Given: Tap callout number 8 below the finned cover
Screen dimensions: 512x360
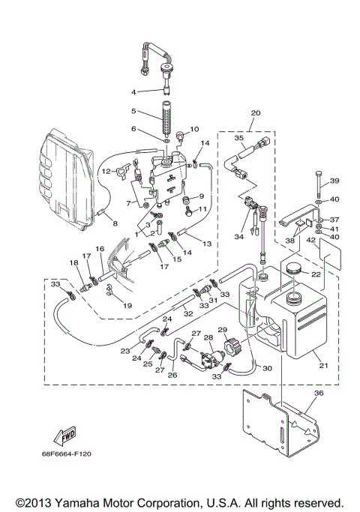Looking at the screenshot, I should [x=115, y=223].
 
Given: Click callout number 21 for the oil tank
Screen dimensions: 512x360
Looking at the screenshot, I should [x=324, y=365].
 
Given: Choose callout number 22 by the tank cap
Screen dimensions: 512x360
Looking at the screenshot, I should [x=316, y=274].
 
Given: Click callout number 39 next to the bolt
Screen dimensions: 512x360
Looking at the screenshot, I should [x=335, y=181].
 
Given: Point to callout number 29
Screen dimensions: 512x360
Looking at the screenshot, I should [x=222, y=330].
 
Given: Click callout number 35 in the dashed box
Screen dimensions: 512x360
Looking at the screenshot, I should [x=239, y=138].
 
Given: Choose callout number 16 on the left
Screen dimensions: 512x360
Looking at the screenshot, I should [x=99, y=248].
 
